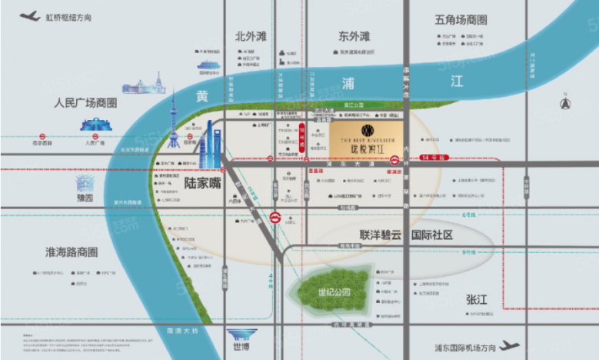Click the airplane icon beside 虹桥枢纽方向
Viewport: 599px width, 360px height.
30,15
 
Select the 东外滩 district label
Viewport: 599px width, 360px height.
354,36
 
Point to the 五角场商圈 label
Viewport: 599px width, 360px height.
461,20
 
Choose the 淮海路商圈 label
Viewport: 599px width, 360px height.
72,252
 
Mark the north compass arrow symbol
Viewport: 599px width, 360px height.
567,103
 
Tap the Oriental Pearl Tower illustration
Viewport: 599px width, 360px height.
174,122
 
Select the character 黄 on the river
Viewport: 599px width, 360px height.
201,95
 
